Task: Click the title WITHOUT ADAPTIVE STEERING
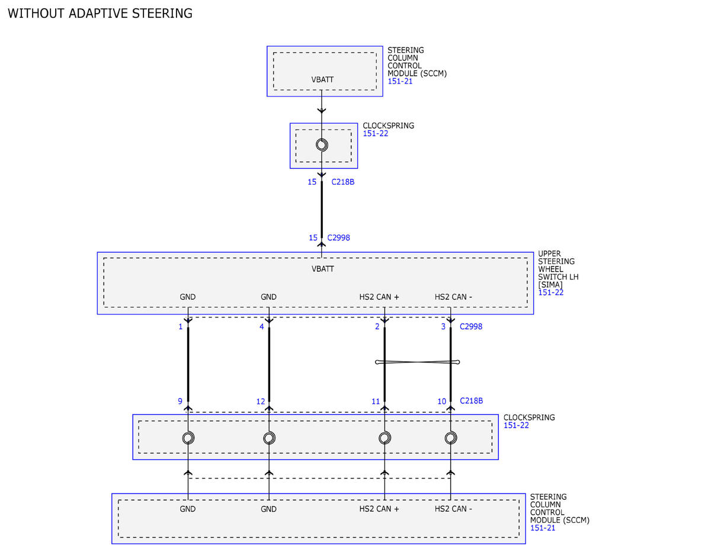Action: pos(100,14)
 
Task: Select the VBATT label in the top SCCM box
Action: pos(322,79)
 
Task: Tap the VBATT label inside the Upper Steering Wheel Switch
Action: pos(323,269)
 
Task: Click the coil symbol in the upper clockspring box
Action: pos(322,145)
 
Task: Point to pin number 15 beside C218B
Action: pos(312,182)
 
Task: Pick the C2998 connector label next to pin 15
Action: pos(339,237)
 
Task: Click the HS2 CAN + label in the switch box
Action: pos(379,297)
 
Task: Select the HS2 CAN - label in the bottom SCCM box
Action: pos(453,509)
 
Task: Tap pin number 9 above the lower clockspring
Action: pos(180,401)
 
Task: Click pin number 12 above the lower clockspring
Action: pos(261,402)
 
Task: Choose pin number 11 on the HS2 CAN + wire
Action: pos(376,402)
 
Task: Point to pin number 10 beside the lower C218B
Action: pos(442,402)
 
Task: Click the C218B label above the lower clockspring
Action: pos(472,401)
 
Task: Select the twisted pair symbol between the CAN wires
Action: pos(418,362)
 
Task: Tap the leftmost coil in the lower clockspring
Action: pos(188,438)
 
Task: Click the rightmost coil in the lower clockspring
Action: pos(451,438)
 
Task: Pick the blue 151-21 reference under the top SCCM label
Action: pos(400,81)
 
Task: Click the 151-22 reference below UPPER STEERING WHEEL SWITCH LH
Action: pos(551,293)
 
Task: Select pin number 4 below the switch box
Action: pos(261,327)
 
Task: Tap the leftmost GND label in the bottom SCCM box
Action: pos(187,509)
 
